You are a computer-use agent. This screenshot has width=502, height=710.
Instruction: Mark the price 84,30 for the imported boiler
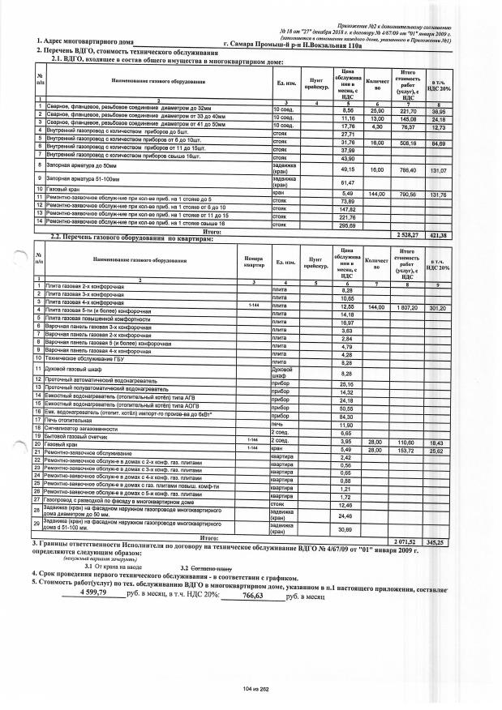tap(347, 417)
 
